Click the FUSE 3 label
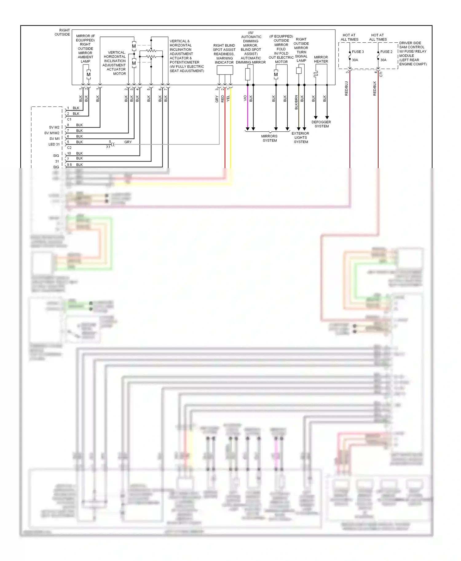tap(358, 52)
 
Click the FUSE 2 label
tap(386, 52)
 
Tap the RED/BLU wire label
tap(346, 88)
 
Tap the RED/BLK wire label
tap(375, 88)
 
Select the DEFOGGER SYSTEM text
tap(321, 124)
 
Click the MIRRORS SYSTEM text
tap(269, 138)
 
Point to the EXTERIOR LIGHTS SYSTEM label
tap(300, 137)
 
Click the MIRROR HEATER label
tap(321, 59)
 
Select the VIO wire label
tap(245, 98)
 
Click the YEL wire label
tap(228, 99)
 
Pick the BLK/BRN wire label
tap(296, 102)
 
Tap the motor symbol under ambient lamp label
tap(89, 75)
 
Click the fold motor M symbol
tap(276, 75)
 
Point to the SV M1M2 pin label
tap(52, 133)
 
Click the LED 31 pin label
tap(54, 144)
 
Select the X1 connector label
tap(108, 147)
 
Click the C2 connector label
tap(69, 148)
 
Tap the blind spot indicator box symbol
tap(225, 70)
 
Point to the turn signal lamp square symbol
tap(298, 71)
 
